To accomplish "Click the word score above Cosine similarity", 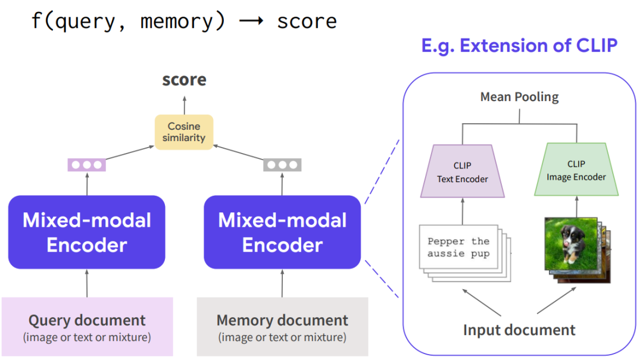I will (184, 80).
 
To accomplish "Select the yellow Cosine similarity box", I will (184, 132).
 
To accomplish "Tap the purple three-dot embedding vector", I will (87, 165).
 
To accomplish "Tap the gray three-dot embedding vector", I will (282, 165).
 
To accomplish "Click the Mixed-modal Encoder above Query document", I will (87, 232).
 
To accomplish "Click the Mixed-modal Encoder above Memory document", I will (282, 232).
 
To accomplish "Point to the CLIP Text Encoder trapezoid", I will (463, 172).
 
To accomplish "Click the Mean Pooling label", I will (519, 97).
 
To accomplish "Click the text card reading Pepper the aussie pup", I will (458, 248).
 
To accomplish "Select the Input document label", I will (519, 330).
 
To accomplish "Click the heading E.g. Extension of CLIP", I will (519, 45).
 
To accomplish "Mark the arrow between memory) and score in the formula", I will (251, 21).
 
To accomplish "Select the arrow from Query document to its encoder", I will (87, 283).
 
